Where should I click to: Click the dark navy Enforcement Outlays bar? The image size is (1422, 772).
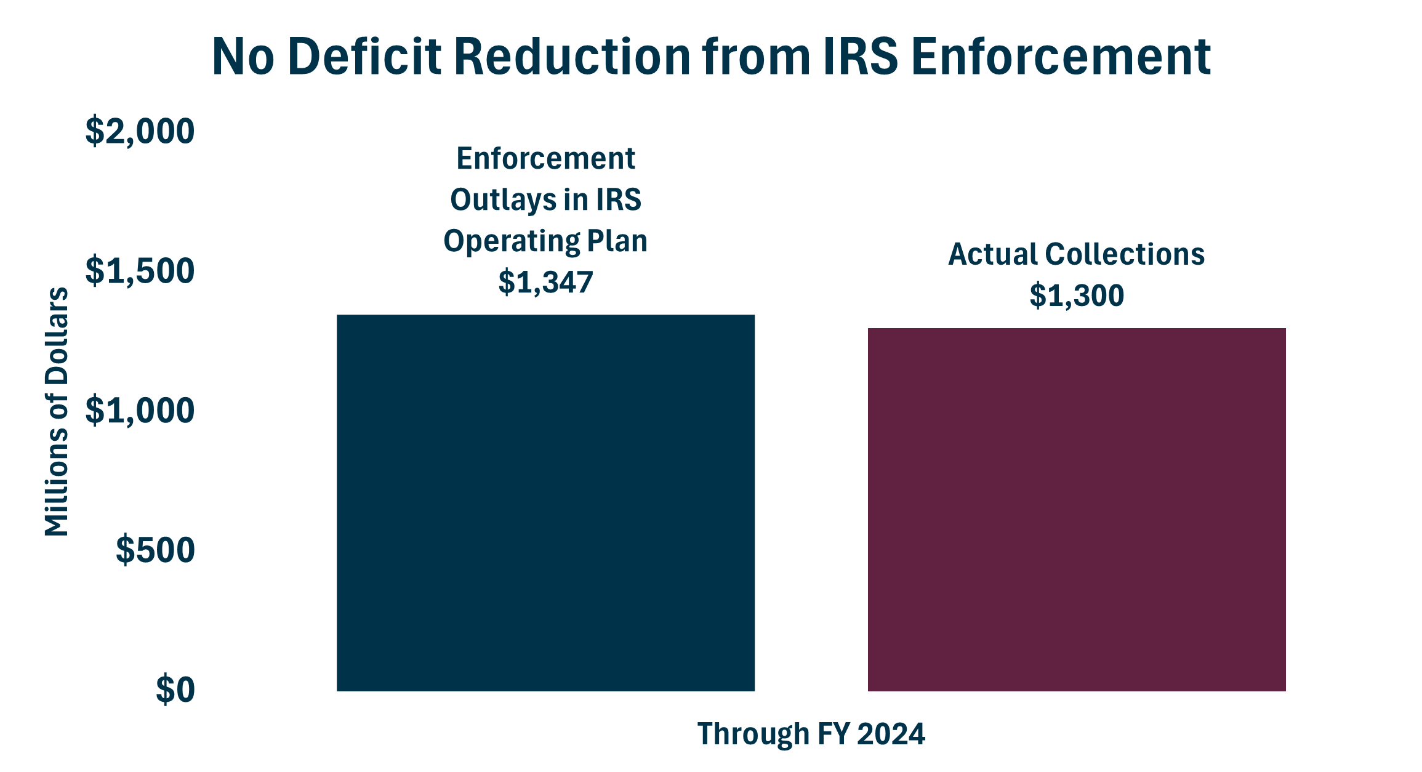(545, 502)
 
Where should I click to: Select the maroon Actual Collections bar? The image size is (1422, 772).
(1077, 509)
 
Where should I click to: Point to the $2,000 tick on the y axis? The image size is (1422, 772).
(140, 131)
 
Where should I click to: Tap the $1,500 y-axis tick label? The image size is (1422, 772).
(140, 271)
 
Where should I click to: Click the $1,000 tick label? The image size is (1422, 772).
(140, 411)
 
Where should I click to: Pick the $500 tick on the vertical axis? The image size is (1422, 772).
(155, 550)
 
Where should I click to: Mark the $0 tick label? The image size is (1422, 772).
(175, 690)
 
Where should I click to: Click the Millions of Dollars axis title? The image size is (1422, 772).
(57, 411)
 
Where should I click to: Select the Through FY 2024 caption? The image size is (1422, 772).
(811, 734)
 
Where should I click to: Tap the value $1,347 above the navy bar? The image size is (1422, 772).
(545, 282)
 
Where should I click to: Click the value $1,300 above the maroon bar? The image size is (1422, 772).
(1077, 296)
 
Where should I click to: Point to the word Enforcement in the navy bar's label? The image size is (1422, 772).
(545, 159)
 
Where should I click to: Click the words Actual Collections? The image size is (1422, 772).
(1076, 254)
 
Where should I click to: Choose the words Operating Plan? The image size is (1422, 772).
(545, 241)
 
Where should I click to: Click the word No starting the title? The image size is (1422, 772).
(243, 57)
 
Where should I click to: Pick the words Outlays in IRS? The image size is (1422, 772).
(545, 200)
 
